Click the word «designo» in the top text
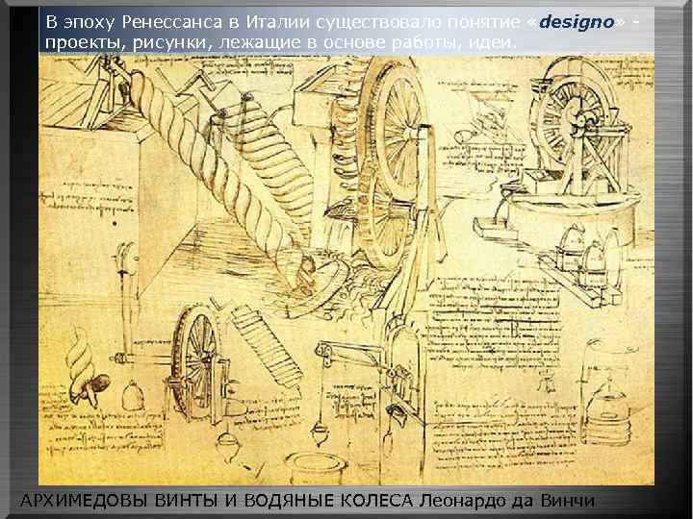577,22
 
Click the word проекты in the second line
80,43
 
